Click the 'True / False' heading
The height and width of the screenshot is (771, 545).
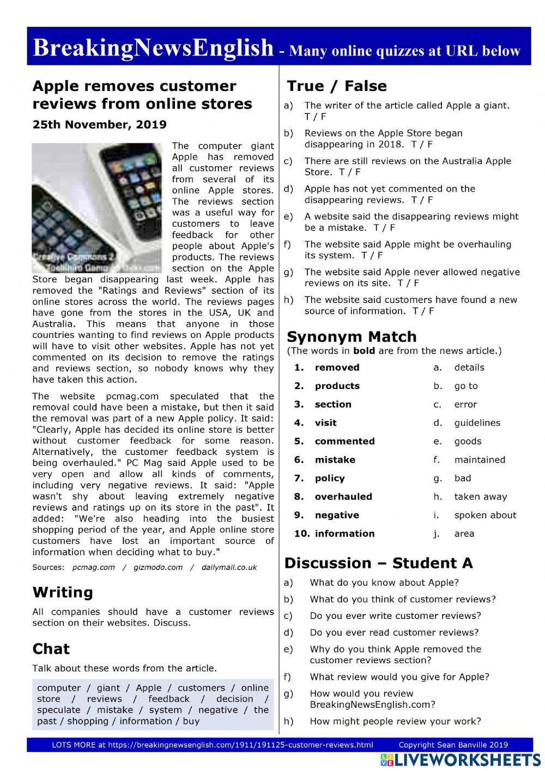coord(336,86)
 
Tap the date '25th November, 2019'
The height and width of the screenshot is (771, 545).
coord(99,124)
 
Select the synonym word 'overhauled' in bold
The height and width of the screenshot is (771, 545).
coord(343,496)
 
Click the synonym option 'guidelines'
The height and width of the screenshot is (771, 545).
coord(477,423)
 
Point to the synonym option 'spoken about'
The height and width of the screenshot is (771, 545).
coord(485,515)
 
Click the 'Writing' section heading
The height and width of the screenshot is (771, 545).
coord(63,592)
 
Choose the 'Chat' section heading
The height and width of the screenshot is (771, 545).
coord(51,649)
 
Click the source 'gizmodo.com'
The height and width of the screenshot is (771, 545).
coord(158,567)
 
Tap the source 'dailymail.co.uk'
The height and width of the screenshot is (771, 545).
coord(228,567)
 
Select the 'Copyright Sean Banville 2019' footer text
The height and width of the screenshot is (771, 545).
coord(453,745)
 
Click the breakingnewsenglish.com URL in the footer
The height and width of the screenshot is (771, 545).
coord(240,745)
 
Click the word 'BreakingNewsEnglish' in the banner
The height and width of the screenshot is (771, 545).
coord(153,48)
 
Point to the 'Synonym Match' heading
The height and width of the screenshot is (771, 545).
coord(352,337)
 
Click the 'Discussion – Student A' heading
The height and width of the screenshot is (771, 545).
coord(378,563)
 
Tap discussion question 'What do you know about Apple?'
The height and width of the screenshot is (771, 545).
coord(384,582)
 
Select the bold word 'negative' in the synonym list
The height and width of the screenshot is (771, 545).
coord(337,515)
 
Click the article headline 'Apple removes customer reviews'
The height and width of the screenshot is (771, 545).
coord(142,95)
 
